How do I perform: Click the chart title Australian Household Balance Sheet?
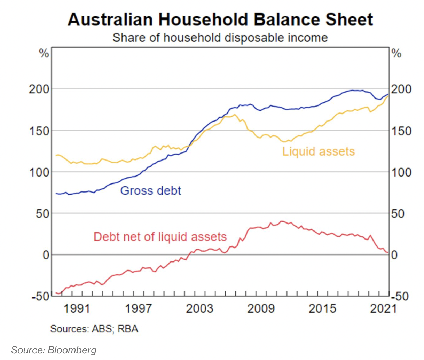(x=220, y=19)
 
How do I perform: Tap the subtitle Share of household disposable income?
(x=220, y=38)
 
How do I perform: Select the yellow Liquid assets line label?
(x=319, y=151)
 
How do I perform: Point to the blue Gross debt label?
(x=151, y=191)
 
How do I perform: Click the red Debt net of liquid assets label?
(x=160, y=237)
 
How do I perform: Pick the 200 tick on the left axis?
(x=39, y=89)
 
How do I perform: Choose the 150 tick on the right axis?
(x=401, y=131)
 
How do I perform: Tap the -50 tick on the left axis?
(x=40, y=296)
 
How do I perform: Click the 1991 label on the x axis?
(x=77, y=308)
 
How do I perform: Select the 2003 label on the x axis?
(x=199, y=308)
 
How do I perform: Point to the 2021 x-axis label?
(x=383, y=308)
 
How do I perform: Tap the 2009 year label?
(x=261, y=308)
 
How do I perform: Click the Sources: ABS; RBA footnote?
(x=94, y=329)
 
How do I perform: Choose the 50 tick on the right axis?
(x=398, y=213)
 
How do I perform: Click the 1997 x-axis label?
(x=138, y=308)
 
